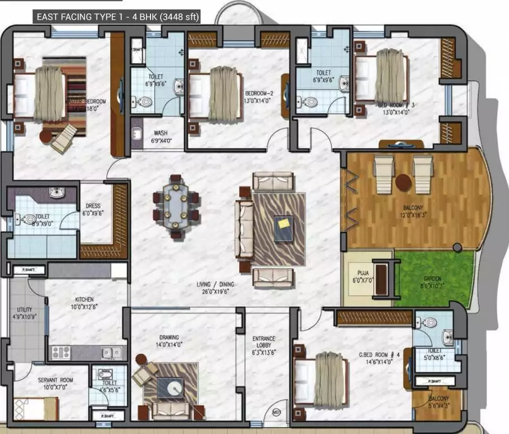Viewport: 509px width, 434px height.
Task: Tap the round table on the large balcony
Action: (403, 182)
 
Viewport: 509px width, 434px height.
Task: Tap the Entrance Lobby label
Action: (264, 342)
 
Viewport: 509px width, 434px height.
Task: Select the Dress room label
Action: (93, 210)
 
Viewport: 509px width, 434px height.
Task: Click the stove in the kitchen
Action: (61, 353)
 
